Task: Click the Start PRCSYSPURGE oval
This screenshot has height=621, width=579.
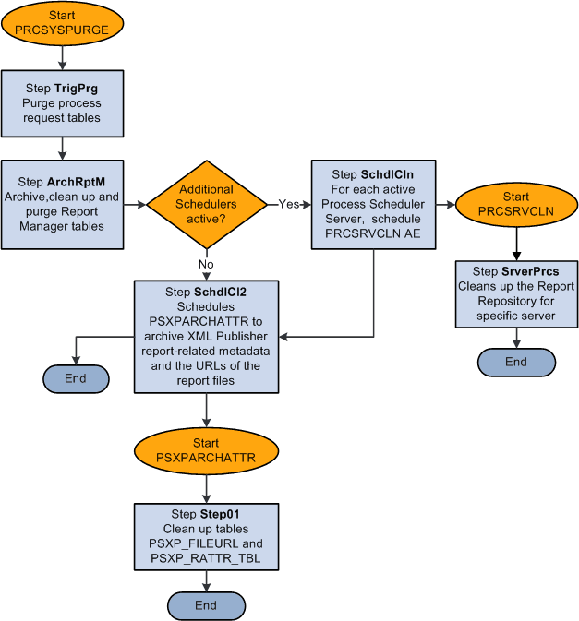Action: (62, 23)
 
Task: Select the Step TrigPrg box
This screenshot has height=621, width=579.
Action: (62, 103)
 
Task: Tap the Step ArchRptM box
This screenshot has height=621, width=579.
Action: (62, 204)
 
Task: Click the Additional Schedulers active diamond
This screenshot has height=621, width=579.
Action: (206, 204)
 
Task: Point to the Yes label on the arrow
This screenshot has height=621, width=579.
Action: (288, 204)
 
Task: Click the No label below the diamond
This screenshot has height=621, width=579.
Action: (207, 263)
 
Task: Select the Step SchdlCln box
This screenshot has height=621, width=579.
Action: (373, 204)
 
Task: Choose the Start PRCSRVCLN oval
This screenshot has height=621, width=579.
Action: (515, 204)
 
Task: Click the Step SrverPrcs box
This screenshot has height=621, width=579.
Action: (515, 293)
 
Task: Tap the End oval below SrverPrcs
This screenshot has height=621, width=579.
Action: (515, 362)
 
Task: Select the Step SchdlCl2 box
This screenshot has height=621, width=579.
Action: (207, 336)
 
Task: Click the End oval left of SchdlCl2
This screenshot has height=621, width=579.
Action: (75, 378)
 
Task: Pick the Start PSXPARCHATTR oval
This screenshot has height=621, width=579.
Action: (205, 449)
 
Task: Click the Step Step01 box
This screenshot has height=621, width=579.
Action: (205, 536)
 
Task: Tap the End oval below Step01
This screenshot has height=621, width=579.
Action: (205, 605)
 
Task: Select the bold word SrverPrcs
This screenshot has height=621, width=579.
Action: (533, 271)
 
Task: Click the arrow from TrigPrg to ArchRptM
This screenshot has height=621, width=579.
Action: (62, 147)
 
